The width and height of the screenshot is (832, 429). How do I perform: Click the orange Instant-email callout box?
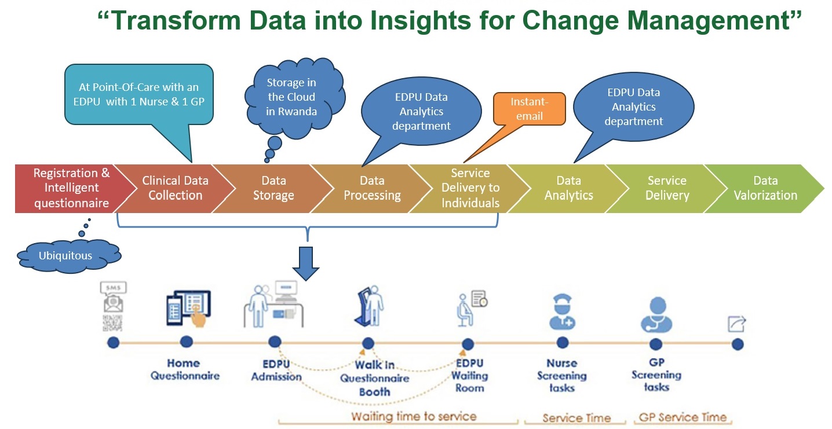point(529,109)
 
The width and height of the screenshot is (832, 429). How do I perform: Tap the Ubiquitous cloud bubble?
point(69,256)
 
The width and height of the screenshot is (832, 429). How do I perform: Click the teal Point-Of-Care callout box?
point(139,94)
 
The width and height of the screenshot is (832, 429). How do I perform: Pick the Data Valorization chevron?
point(765,189)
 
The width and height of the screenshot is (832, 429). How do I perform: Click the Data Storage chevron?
point(273,189)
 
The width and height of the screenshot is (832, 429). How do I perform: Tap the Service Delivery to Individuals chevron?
point(470,189)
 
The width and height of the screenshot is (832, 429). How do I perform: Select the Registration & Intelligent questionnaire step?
point(72,189)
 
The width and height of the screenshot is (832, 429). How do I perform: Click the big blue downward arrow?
point(306,263)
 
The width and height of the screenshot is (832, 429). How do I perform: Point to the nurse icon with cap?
point(563,312)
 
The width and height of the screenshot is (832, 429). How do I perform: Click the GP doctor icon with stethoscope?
point(656,315)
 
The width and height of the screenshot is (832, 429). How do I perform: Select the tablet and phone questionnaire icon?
point(189,309)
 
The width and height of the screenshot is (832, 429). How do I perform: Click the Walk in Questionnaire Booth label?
point(375,378)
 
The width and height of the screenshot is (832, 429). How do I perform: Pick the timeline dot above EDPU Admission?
point(275,342)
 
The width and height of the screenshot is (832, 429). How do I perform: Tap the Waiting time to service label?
point(414,416)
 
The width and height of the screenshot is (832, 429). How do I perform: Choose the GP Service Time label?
point(683,417)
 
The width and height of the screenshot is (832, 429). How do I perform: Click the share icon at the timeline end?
point(737,324)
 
